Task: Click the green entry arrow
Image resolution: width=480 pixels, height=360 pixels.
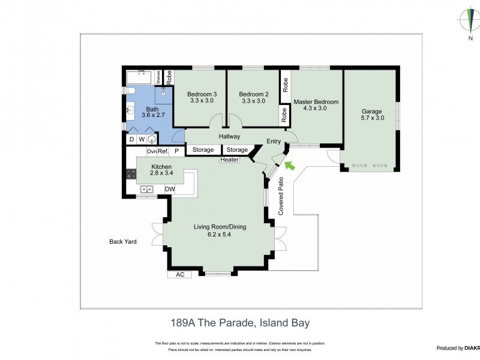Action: tap(290, 164)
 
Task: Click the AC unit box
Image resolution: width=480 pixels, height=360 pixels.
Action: tap(179, 275)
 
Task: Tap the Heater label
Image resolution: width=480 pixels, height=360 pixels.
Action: tap(229, 160)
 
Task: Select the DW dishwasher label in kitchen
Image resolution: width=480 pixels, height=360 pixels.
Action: tap(170, 190)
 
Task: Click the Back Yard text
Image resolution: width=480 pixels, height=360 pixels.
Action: tap(123, 242)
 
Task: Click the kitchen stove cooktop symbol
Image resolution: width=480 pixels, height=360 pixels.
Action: tap(130, 175)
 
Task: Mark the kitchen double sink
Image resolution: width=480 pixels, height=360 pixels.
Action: tap(146, 190)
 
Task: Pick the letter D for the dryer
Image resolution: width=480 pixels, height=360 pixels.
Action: tap(131, 139)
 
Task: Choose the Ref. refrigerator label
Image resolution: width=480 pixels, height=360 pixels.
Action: tap(163, 151)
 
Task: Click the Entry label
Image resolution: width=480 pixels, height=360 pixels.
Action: tap(274, 142)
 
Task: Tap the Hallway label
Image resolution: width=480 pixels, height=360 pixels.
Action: tap(229, 137)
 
